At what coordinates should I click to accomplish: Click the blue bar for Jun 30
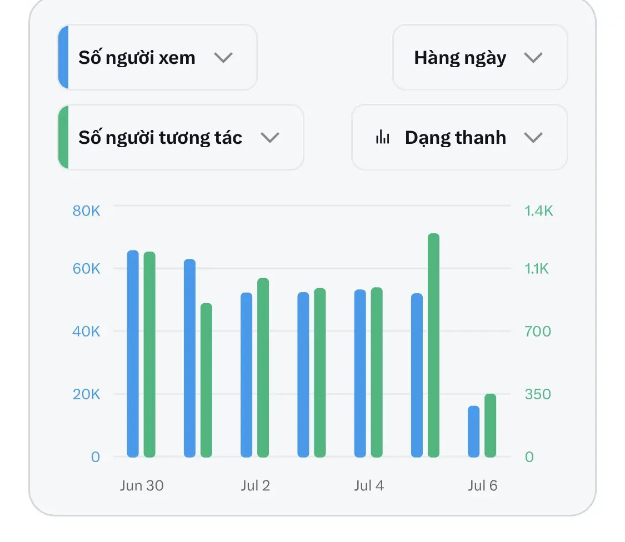tap(133, 354)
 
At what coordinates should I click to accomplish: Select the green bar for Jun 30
tap(149, 354)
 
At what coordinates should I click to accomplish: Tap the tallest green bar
tap(434, 345)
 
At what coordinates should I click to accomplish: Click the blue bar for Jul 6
tap(473, 431)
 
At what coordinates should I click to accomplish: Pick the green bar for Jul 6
tap(490, 425)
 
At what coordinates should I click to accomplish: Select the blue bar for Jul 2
tap(246, 375)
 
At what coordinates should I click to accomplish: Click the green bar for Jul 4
tap(377, 372)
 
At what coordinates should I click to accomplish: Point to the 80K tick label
tap(86, 211)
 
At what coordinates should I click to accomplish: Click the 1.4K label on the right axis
tap(538, 211)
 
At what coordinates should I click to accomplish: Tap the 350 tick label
tap(538, 394)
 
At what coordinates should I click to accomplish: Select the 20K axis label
tap(86, 394)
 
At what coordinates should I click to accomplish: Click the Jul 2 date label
tap(255, 485)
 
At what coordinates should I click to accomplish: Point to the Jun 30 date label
tap(142, 485)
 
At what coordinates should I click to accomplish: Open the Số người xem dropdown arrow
tap(223, 58)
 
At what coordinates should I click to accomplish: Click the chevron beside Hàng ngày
tap(533, 58)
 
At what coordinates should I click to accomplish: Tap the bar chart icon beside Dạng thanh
tap(382, 137)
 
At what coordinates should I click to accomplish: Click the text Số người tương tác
tap(160, 138)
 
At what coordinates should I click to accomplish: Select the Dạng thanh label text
tap(456, 138)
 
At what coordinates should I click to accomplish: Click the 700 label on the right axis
tap(538, 331)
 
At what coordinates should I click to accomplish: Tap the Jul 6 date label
tap(482, 485)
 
